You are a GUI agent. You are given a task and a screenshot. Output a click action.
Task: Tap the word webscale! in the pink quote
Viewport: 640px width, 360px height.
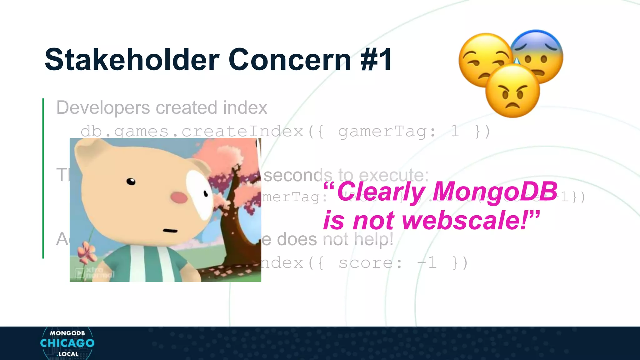(x=469, y=220)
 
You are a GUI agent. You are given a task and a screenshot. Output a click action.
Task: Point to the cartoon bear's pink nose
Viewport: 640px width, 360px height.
(x=179, y=197)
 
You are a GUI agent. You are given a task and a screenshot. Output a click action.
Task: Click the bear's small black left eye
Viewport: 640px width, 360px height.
(x=131, y=181)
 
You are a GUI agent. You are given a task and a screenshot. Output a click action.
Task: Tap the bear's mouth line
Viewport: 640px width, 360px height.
(x=170, y=231)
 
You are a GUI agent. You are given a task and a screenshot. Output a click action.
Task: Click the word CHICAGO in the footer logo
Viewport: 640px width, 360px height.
(x=67, y=343)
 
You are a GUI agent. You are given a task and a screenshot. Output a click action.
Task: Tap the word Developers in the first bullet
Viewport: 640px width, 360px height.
(x=103, y=107)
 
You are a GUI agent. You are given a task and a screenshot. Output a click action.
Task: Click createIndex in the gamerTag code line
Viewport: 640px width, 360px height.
(x=242, y=131)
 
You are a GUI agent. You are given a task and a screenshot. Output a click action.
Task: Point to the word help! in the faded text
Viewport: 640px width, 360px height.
(x=373, y=239)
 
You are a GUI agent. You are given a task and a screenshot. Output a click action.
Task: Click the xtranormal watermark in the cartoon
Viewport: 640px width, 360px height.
(x=95, y=272)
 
